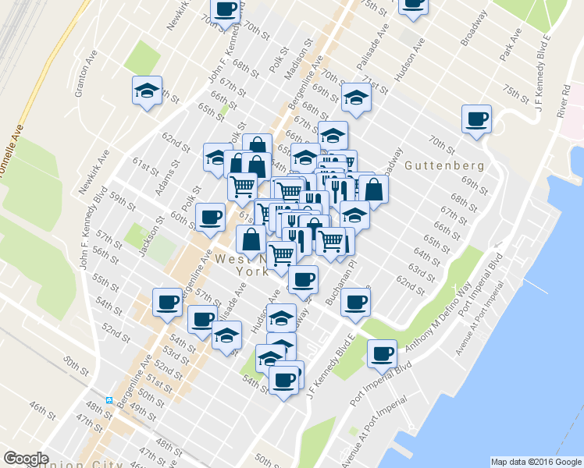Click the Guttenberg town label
(x=445, y=166)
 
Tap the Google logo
(x=26, y=459)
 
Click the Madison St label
(x=298, y=60)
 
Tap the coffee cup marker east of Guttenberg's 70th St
(x=476, y=120)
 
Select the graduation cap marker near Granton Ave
(x=146, y=90)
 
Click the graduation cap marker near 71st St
(x=355, y=97)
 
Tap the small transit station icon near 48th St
(x=110, y=400)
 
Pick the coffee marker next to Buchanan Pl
(x=355, y=302)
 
